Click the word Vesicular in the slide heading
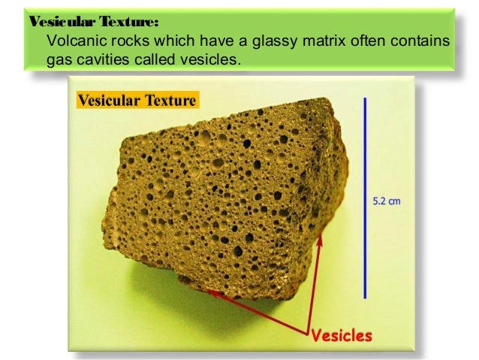pyautogui.click(x=53, y=20)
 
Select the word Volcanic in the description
pyautogui.click(x=73, y=39)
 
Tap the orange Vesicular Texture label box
pyautogui.click(x=137, y=100)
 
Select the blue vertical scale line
pyautogui.click(x=365, y=197)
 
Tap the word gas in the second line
pyautogui.click(x=59, y=58)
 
